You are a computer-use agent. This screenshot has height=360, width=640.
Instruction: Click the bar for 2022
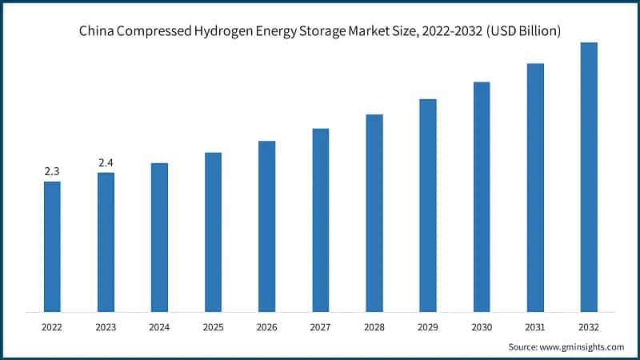coord(52,246)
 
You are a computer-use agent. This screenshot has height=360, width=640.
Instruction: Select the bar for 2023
coord(106,242)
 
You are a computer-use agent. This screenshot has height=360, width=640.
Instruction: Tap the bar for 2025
coord(213,232)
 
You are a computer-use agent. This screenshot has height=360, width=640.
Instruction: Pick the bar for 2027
coord(321,220)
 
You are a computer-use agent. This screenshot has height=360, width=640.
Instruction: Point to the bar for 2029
coord(428,205)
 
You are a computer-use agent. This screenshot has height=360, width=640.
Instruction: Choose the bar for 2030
coord(482,197)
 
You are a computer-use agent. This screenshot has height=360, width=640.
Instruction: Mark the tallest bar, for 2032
coord(589,177)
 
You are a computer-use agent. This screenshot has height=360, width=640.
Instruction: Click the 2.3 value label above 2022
coord(52,171)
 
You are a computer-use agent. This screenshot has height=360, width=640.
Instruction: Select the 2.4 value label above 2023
coord(106,162)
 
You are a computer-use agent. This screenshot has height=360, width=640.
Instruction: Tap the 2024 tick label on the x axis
coord(159,326)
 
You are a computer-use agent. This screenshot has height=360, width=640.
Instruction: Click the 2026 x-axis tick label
coord(266,326)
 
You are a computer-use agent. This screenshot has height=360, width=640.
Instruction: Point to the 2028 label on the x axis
coord(374,326)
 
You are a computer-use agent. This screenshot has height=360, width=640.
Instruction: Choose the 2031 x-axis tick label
coord(535,326)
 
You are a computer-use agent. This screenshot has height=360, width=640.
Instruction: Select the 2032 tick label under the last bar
coord(589,326)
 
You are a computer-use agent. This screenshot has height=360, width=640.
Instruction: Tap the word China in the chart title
coord(96,32)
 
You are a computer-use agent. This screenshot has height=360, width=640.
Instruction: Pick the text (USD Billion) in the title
coord(520,32)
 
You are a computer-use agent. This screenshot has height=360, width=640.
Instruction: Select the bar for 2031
coord(535,187)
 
